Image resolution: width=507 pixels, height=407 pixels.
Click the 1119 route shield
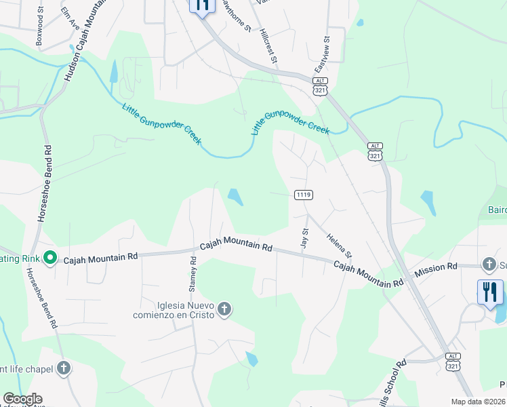(303, 195)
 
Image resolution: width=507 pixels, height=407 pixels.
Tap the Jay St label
(304, 237)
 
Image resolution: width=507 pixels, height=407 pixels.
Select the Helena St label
(340, 245)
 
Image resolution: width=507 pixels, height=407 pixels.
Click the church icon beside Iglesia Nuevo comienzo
(224, 310)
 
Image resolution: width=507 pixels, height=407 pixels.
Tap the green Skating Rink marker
(49, 257)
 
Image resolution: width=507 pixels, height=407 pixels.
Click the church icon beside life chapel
(63, 368)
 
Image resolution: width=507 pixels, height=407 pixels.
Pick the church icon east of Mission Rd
(489, 264)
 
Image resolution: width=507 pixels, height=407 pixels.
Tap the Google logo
(22, 399)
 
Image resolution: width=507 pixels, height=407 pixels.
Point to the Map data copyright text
(479, 402)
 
